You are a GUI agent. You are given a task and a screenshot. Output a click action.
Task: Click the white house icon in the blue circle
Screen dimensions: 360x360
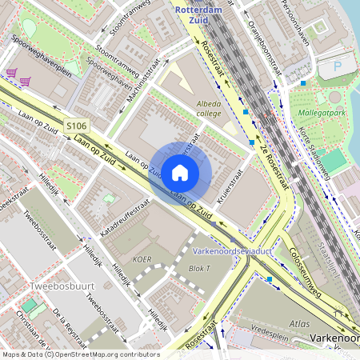tap(180, 172)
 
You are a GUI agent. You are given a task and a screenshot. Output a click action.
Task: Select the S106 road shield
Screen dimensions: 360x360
tap(76, 126)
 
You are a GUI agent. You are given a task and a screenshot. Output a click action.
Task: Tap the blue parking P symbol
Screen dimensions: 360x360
tap(338, 67)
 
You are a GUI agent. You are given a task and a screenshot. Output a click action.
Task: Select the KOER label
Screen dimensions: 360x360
tap(143, 259)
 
